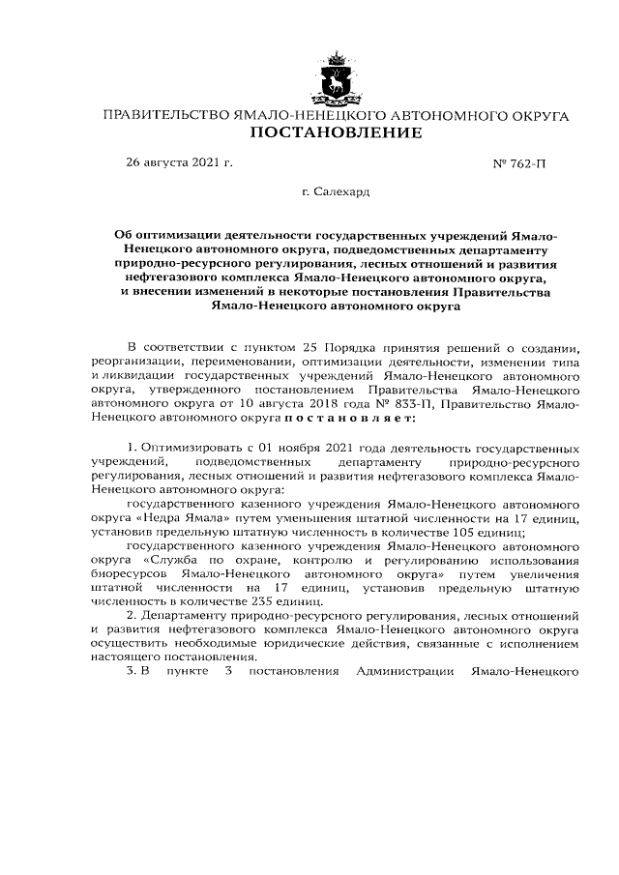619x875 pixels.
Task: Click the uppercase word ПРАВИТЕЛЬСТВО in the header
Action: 165,115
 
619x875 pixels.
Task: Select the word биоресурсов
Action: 132,571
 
